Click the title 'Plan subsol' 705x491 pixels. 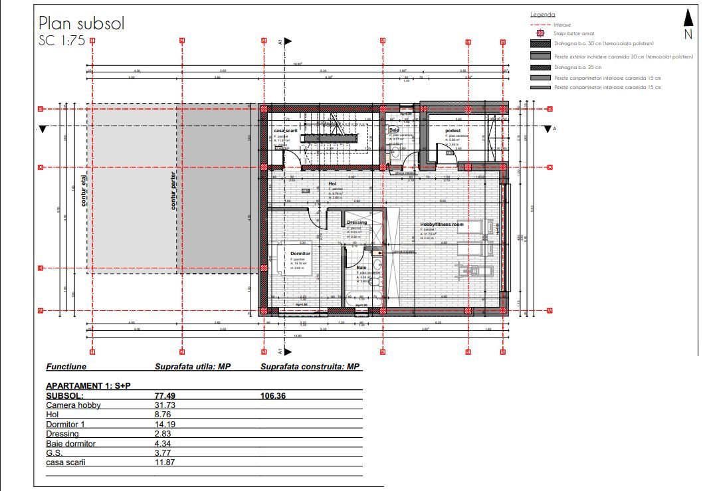81,24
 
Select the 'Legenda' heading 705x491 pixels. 542,15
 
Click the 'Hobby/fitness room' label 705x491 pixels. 442,225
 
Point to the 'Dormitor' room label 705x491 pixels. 300,253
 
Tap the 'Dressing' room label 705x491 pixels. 356,223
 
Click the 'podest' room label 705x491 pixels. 453,131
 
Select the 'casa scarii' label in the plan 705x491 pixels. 289,131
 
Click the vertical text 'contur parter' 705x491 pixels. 173,191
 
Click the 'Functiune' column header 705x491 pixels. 66,366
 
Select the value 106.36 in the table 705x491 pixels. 273,395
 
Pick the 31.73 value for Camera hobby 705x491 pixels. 164,405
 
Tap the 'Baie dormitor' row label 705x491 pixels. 71,443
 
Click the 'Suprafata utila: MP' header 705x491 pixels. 191,366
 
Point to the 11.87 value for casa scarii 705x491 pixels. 164,462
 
